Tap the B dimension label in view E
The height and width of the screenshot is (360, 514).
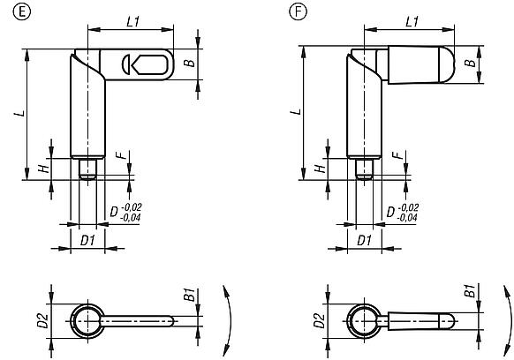coord(188,63)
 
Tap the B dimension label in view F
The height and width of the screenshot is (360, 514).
coord(471,64)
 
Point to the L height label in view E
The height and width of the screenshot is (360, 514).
coord(17,116)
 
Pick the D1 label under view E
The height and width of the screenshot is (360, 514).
coord(86,240)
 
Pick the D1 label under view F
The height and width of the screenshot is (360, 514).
coord(364,240)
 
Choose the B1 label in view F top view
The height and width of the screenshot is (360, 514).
coord(471,292)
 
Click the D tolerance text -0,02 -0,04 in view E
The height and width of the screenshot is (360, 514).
coord(131,212)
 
